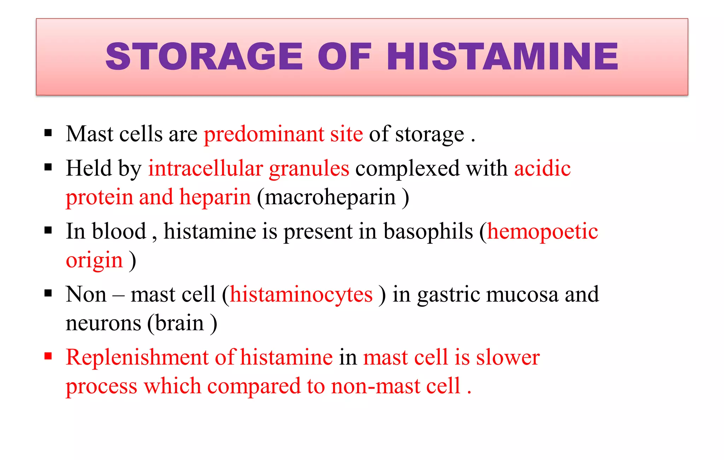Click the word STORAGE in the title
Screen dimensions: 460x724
click(x=204, y=57)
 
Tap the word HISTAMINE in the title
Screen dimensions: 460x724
click(x=502, y=57)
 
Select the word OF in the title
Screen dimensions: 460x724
click(x=345, y=57)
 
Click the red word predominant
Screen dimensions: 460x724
click(x=264, y=134)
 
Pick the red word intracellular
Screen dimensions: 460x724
click(x=205, y=168)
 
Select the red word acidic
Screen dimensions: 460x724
click(x=542, y=168)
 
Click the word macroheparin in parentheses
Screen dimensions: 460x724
click(x=330, y=197)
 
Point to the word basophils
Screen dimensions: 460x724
click(x=428, y=232)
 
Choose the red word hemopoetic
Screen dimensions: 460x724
click(x=543, y=232)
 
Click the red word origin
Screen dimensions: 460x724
click(x=94, y=261)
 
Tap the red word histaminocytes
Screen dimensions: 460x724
click(x=301, y=295)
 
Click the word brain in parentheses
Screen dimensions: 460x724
click(x=180, y=323)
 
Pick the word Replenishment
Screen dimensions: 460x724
click(x=137, y=357)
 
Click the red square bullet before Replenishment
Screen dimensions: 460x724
click(x=48, y=356)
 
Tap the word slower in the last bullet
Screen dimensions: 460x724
click(x=508, y=357)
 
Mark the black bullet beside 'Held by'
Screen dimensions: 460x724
click(x=48, y=167)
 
